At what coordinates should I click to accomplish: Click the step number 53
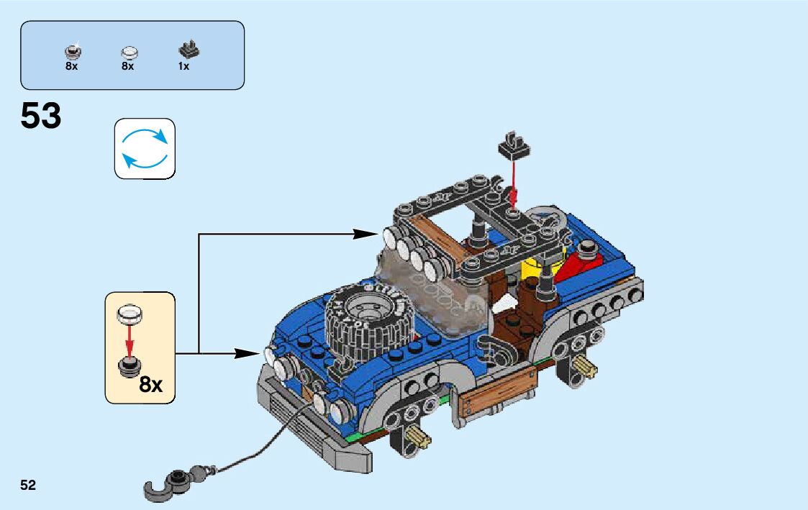click(x=41, y=116)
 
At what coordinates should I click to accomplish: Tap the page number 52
click(x=28, y=486)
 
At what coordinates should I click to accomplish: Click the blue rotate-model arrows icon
click(x=145, y=149)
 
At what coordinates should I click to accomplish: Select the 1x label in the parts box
click(x=183, y=66)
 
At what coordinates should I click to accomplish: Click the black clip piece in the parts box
click(x=189, y=50)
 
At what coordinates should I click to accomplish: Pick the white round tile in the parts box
click(x=130, y=52)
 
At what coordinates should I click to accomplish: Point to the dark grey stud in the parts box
click(x=72, y=52)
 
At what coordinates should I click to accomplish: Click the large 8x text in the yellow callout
click(x=150, y=385)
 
